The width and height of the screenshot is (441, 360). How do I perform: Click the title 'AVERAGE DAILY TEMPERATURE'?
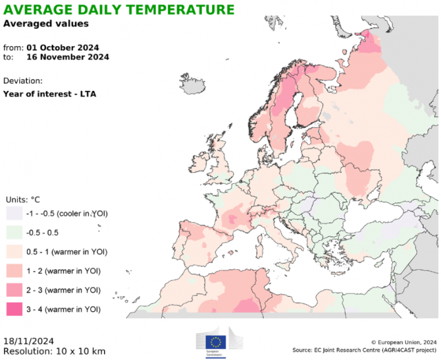pyautogui.click(x=119, y=10)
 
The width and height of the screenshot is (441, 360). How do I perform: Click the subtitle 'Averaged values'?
pyautogui.click(x=45, y=23)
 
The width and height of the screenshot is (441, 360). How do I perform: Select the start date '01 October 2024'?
pyautogui.click(x=63, y=47)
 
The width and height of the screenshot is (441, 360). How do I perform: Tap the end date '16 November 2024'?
pyautogui.click(x=67, y=58)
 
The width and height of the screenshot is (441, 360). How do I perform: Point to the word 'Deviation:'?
pyautogui.click(x=23, y=80)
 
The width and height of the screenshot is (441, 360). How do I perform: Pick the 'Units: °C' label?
pyautogui.click(x=23, y=200)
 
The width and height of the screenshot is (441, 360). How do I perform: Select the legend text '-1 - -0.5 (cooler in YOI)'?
pyautogui.click(x=68, y=213)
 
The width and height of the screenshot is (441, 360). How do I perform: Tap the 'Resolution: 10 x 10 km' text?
pyautogui.click(x=54, y=351)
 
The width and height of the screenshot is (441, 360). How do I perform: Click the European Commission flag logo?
pyautogui.click(x=216, y=341)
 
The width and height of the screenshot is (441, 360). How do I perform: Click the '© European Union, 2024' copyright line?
pyautogui.click(x=404, y=341)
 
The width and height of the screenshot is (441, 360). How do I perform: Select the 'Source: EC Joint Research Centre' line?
pyautogui.click(x=365, y=350)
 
